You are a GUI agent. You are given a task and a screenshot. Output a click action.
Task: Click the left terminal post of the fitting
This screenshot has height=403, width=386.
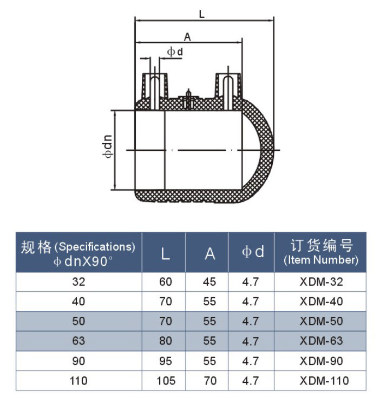point(155,87)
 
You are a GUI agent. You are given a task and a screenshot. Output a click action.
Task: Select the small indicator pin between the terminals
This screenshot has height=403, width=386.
point(189,98)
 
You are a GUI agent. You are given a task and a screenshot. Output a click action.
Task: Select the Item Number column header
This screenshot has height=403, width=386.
point(321,252)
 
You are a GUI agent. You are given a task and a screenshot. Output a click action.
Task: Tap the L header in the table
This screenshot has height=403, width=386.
point(165,253)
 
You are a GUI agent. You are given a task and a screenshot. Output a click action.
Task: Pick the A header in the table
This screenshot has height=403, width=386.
point(210,253)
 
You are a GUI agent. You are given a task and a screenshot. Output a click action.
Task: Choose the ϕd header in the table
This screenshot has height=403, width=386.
point(252,253)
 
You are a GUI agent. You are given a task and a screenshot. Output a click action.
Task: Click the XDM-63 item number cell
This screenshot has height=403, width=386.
point(321,341)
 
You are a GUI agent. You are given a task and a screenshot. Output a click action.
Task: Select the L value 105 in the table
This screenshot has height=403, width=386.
point(165,381)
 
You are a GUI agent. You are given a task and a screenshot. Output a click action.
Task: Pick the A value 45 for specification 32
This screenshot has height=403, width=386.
point(210,282)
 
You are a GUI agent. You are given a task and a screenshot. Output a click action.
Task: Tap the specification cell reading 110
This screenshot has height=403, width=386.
point(78,381)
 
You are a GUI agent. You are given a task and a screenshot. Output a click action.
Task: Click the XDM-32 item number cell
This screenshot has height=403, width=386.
point(321,282)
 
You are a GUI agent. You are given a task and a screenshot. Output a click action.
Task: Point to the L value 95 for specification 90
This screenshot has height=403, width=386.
point(165,361)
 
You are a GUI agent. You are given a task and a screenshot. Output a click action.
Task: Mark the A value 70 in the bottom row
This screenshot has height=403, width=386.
point(210,381)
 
